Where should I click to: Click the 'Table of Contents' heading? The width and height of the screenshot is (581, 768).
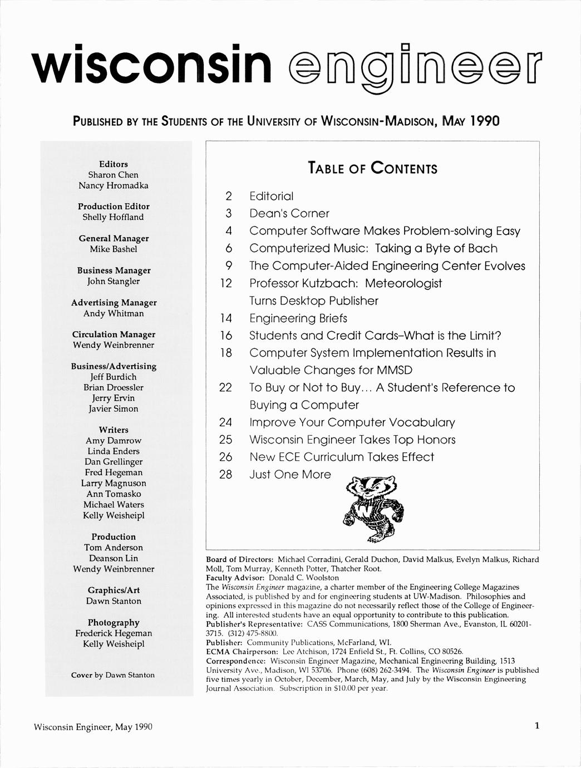tap(372, 168)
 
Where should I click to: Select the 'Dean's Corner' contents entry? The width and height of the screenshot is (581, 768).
tap(289, 214)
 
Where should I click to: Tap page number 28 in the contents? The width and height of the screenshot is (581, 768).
tap(225, 475)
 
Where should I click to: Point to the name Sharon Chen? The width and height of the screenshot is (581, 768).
tap(113, 175)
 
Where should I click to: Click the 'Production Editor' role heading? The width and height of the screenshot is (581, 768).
tap(114, 206)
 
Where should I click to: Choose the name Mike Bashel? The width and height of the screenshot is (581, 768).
tap(114, 249)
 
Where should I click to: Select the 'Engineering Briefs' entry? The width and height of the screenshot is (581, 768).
tap(298, 318)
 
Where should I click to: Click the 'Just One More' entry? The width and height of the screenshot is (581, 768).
tap(290, 475)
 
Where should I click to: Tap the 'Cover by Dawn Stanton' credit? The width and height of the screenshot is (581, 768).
tap(113, 675)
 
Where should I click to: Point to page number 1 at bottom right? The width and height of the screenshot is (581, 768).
tap(536, 726)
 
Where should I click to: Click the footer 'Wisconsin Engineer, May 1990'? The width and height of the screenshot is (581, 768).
tap(93, 727)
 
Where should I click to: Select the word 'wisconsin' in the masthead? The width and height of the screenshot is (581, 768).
tap(151, 65)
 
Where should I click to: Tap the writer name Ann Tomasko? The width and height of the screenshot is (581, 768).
tap(114, 494)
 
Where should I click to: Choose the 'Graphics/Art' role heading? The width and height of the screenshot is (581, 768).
tap(114, 590)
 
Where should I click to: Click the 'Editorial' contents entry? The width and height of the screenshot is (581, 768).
tap(271, 196)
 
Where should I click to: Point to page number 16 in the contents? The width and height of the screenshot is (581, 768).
tap(225, 336)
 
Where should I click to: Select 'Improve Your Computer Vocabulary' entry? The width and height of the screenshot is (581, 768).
tap(352, 422)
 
